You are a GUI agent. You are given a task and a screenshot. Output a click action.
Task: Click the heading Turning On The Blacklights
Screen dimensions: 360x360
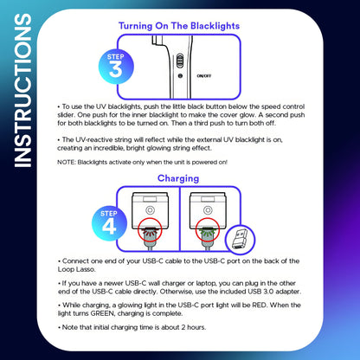178,27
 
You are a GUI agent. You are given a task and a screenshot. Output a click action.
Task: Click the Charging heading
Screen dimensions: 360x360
178,178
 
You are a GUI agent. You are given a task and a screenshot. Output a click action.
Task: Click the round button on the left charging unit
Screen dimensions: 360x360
151,209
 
